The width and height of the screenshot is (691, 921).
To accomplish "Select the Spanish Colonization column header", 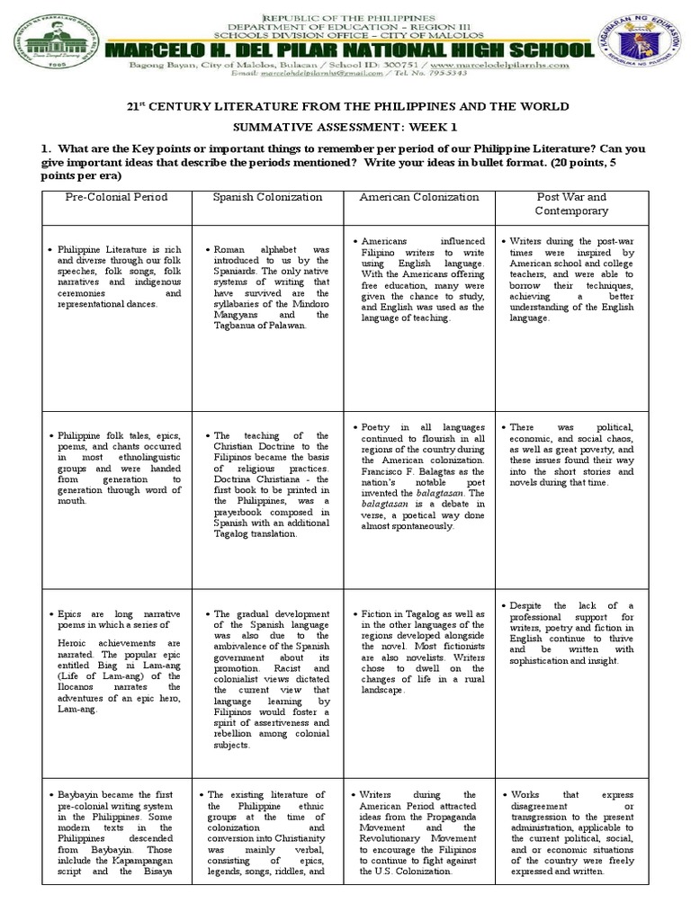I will (x=267, y=197).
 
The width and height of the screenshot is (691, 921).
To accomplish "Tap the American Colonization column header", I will (x=418, y=197).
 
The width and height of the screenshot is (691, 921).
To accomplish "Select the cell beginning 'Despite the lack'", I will (x=571, y=634).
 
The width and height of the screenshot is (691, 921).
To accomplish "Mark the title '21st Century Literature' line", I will (x=345, y=107).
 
